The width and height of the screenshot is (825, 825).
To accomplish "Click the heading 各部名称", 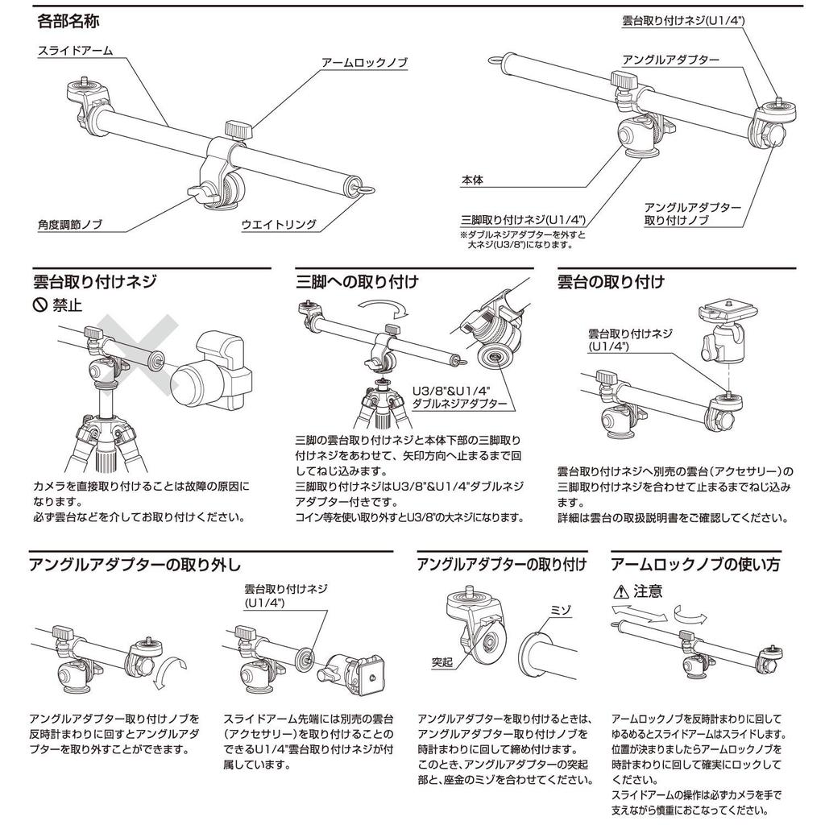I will click(x=68, y=18).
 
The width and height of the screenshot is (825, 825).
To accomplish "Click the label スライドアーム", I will click(x=75, y=51).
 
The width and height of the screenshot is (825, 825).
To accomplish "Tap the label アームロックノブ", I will click(x=364, y=62).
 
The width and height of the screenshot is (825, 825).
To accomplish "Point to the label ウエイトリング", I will click(x=279, y=225).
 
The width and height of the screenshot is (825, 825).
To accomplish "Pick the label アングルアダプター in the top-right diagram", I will click(x=670, y=60).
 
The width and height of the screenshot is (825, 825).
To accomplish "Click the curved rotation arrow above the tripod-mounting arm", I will click(x=384, y=307).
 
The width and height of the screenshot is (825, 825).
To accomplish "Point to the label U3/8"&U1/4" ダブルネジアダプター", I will click(x=459, y=395).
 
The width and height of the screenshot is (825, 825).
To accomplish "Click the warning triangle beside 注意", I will click(x=620, y=592).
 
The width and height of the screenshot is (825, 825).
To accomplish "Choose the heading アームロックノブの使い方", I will click(x=695, y=565).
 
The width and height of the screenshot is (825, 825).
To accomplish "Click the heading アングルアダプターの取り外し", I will click(x=135, y=565).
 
